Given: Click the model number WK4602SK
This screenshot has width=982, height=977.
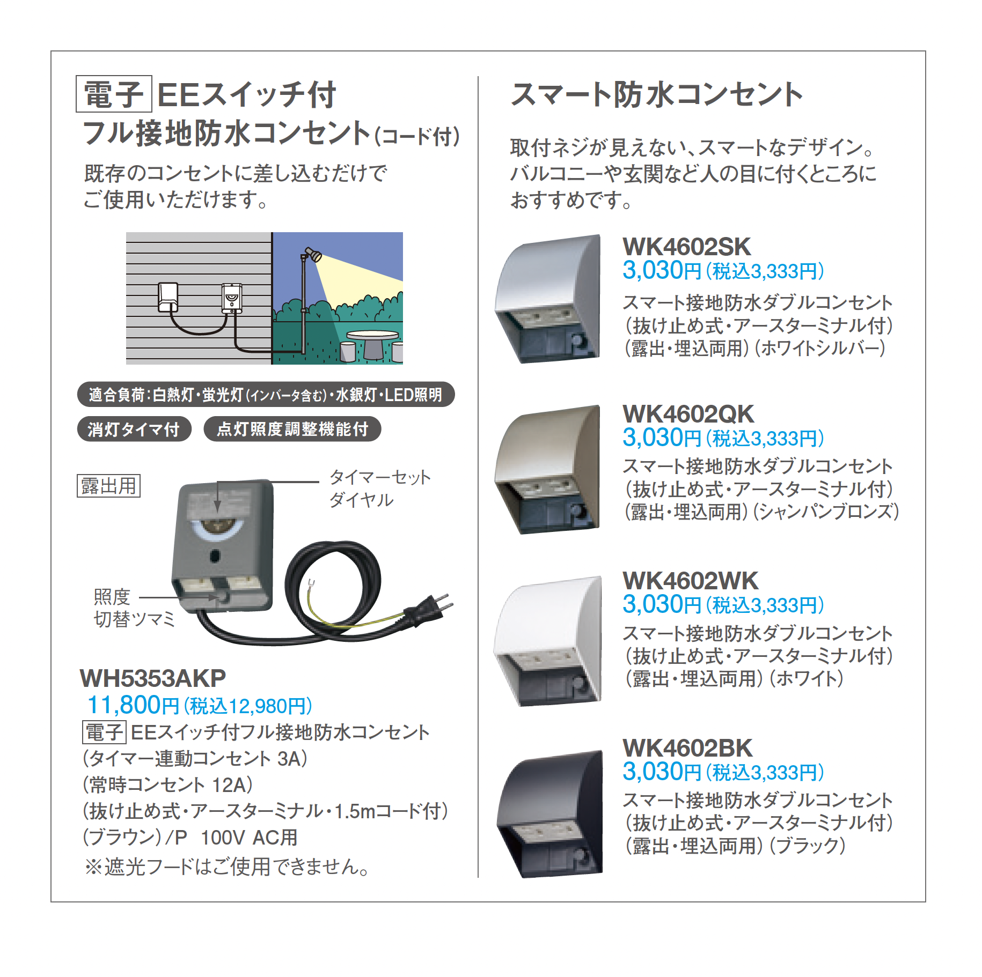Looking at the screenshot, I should (686, 247).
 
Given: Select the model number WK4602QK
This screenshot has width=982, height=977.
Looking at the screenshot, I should (688, 414).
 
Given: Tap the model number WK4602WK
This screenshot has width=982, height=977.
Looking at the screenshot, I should (690, 581).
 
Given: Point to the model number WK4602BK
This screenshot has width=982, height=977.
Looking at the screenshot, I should (687, 748).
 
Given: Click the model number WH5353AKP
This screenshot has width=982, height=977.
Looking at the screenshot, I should (153, 678).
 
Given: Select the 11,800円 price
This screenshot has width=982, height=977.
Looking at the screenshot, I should (133, 705).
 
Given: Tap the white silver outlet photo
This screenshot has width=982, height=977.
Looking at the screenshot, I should (547, 299).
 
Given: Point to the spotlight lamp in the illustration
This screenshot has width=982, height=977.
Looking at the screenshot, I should (313, 255).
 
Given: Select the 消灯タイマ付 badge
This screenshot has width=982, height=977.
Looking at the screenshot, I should (134, 429).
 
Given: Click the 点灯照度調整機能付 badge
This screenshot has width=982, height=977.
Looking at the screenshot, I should (292, 429).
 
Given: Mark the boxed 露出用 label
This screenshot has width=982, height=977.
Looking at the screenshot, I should (109, 486).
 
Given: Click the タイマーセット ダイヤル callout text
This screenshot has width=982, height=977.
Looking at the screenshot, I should (379, 488).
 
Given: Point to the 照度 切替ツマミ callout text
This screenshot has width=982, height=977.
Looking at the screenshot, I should (134, 608).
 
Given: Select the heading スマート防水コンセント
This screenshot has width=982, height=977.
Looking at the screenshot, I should (656, 95).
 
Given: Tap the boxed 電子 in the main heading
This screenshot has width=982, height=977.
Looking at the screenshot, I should (114, 94).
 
